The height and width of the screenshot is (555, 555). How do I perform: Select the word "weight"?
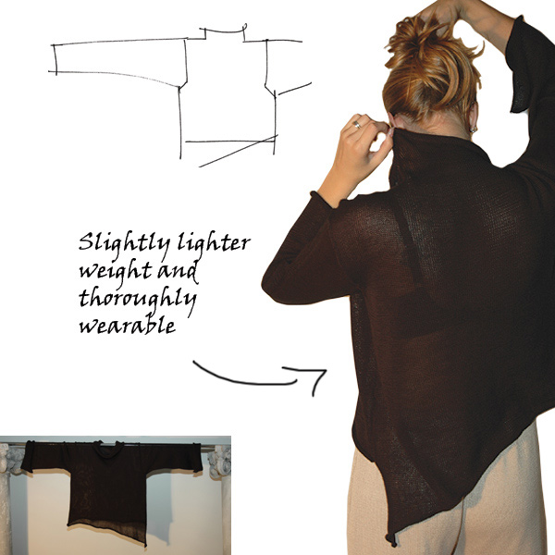pos(116,272)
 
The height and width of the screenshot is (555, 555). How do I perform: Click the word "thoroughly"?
pos(137,299)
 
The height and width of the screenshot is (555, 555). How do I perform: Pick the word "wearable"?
pos(128,325)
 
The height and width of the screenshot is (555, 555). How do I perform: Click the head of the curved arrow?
pos(315,378)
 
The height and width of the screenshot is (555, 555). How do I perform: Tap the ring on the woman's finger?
pos(357,124)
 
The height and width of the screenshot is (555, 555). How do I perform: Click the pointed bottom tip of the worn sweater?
pos(392,544)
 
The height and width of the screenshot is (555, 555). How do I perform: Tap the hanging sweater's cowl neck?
pos(107,450)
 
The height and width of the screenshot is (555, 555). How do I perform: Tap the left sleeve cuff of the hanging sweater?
pos(28,457)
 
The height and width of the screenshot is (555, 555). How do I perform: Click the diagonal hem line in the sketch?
pos(239,151)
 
